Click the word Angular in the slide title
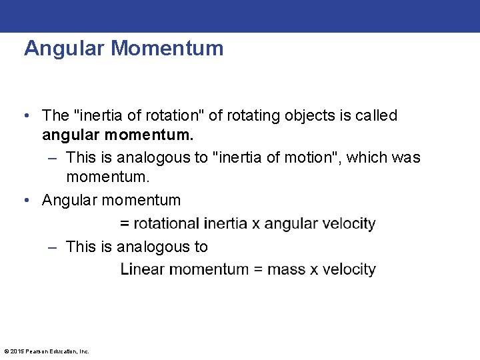[x=65, y=49]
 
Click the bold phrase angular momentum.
[x=118, y=136]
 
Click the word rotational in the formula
[x=167, y=223]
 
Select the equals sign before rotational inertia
[x=125, y=224]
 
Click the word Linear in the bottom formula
[x=142, y=269]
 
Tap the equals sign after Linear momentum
[x=257, y=270]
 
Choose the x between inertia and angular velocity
[x=256, y=224]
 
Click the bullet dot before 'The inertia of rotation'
[x=25, y=116]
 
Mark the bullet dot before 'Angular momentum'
[x=25, y=200]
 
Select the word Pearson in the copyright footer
[x=36, y=351]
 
